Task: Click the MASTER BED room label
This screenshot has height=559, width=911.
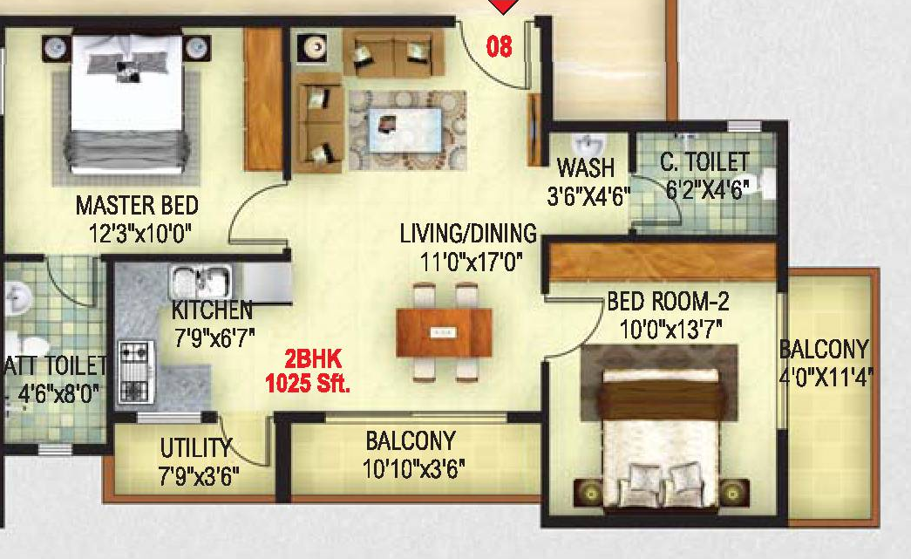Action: click(x=137, y=206)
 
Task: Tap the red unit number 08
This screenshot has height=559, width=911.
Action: click(x=499, y=46)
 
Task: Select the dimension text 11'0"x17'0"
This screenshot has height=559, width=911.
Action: click(x=471, y=262)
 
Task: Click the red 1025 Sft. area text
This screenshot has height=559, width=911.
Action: click(x=308, y=384)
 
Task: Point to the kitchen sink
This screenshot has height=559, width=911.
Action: click(x=201, y=283)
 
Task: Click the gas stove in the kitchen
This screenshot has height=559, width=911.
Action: click(x=137, y=372)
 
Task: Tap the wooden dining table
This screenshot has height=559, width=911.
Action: click(x=444, y=332)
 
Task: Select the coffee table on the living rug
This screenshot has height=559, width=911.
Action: click(x=405, y=130)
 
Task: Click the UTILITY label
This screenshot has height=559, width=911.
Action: click(x=196, y=448)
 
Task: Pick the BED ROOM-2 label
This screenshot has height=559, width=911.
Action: click(x=668, y=302)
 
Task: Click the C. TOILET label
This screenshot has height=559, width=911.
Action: click(x=704, y=162)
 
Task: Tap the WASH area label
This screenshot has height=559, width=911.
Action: click(x=586, y=168)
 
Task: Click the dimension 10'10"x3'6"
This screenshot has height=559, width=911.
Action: click(x=414, y=468)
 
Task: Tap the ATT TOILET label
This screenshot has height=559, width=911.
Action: click(x=55, y=366)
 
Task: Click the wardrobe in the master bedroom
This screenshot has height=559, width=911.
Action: click(x=263, y=99)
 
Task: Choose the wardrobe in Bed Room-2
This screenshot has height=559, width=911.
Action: click(x=663, y=262)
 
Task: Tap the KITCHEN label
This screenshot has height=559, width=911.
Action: click(x=212, y=310)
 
